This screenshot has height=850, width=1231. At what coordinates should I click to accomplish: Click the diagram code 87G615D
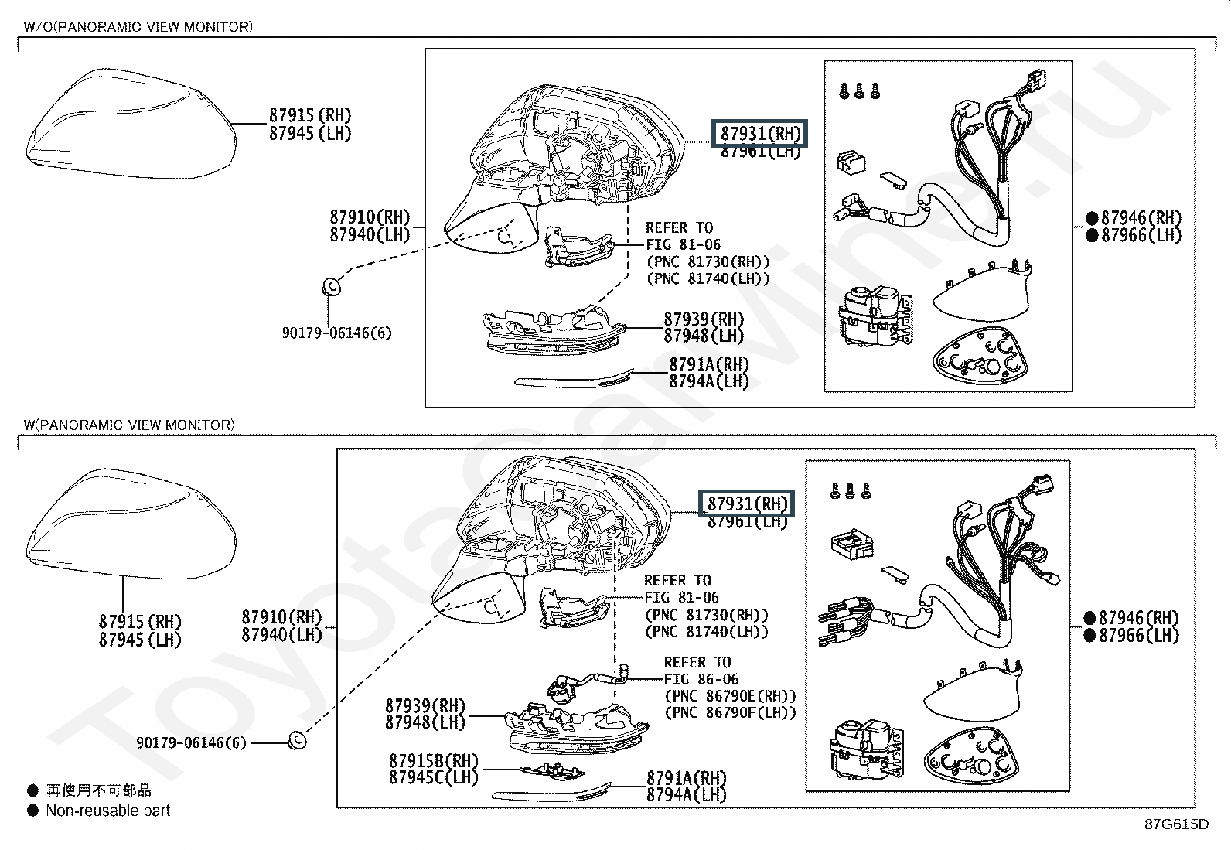coord(1176,823)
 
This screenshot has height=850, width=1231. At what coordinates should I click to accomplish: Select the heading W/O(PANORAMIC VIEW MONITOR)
coord(138,27)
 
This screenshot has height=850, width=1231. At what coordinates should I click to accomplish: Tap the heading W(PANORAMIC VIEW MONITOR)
coord(129,425)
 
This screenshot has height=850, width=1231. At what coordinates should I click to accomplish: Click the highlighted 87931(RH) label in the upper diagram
coord(760,133)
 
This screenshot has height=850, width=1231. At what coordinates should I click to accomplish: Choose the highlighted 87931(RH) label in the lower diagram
coord(747,504)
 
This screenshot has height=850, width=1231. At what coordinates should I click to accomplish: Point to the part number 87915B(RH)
coord(434,761)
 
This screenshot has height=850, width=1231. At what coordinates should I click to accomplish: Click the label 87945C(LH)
coord(434,777)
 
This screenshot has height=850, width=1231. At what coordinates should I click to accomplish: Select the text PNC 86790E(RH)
coord(730,695)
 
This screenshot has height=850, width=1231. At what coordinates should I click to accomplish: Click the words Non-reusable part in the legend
coord(107,811)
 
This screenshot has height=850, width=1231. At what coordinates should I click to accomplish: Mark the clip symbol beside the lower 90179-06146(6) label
coord(297,741)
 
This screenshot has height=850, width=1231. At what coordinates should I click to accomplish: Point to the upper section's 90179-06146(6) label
coord(336,333)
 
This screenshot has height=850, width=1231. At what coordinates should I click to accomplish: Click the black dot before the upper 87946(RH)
coord(1092,218)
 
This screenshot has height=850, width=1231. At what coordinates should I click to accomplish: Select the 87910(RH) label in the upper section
coord(370,217)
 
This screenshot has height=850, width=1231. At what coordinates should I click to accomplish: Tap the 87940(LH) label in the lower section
coord(281,635)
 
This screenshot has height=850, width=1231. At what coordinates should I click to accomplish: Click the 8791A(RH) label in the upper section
coord(709,364)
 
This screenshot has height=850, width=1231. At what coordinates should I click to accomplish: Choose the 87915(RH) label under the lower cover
coord(140,622)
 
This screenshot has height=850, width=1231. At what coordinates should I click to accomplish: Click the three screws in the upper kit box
coord(859,90)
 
